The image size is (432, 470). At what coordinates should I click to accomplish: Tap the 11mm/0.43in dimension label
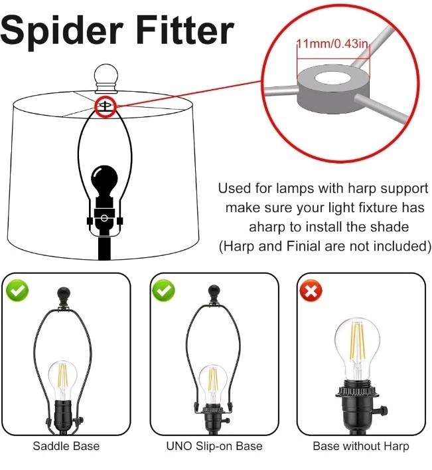pos(332,44)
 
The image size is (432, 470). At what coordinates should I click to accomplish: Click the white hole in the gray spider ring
pos(332,78)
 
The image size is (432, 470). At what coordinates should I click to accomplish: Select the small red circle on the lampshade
pos(106,106)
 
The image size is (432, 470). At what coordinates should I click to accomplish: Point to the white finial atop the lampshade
pos(106,78)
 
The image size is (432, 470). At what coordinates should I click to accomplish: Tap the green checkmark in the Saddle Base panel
pos(17,291)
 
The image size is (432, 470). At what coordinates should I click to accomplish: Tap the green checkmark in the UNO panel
pos(164,291)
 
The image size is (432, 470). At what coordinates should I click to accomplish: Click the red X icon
pos(311,291)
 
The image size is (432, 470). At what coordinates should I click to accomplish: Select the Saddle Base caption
pos(66,446)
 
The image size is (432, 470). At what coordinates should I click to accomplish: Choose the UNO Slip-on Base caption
pos(214,446)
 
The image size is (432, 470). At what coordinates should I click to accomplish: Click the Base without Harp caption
pos(361,446)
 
